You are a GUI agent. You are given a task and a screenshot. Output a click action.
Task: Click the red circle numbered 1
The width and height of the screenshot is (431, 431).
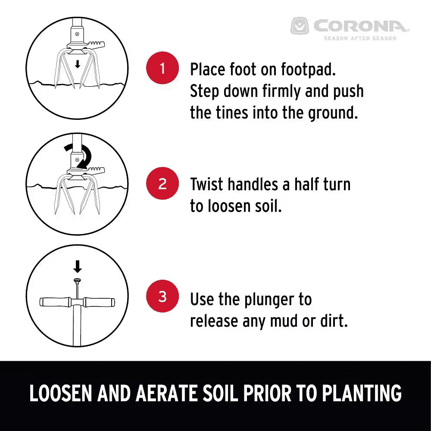point(162,68)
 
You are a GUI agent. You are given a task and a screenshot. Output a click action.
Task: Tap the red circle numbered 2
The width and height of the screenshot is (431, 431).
point(162,183)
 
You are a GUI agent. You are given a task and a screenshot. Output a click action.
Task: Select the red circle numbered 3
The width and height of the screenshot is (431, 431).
point(162,297)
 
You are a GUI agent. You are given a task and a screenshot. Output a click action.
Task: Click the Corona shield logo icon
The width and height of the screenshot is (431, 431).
point(300,26)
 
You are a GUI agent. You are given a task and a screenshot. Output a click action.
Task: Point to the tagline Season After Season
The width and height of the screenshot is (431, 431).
point(360,38)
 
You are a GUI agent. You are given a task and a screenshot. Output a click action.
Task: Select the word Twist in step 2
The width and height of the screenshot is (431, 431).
point(207,184)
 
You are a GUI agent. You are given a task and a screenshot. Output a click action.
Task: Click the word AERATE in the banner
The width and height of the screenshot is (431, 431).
point(167,393)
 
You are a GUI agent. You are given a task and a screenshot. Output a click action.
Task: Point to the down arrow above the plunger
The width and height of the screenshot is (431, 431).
point(78,267)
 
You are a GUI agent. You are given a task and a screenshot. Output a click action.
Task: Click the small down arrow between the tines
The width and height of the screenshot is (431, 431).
point(78,65)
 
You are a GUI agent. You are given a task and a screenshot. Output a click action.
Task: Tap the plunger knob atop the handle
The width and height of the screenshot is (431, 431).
point(78,281)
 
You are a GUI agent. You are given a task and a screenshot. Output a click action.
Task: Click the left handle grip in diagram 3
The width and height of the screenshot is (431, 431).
point(55,302)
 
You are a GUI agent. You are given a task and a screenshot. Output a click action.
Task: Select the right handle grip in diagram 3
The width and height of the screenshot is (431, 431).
point(99,302)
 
